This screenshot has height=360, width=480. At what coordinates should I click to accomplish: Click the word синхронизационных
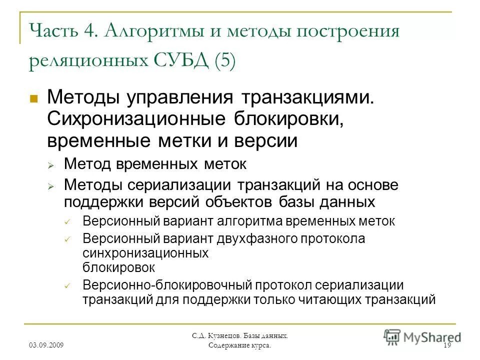(x=145, y=253)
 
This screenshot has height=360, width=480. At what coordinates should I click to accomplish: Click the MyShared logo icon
(x=392, y=335)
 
